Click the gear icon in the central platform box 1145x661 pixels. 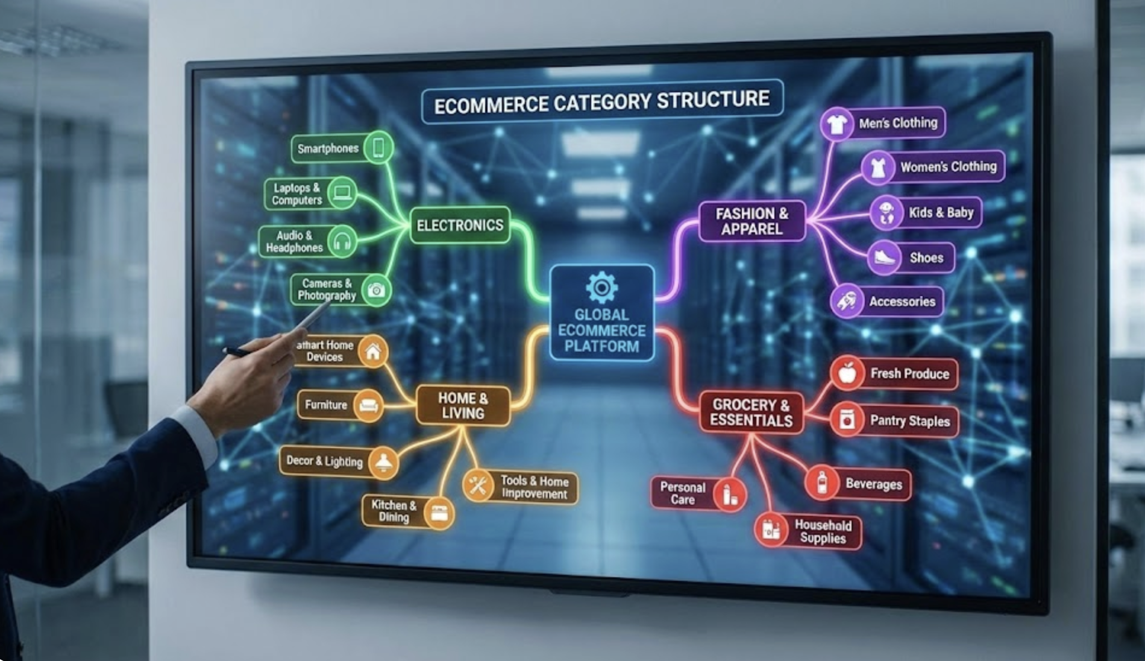(601, 287)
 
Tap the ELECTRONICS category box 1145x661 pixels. (460, 225)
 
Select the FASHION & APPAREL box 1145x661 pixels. (751, 221)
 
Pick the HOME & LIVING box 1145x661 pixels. (462, 405)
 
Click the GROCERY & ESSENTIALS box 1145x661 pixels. (751, 413)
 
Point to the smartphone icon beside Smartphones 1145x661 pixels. (378, 148)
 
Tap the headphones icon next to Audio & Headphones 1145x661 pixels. (342, 241)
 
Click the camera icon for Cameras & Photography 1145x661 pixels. (377, 290)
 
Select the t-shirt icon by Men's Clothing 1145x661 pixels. (836, 124)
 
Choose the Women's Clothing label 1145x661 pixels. (948, 166)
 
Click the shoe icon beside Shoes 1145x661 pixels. (884, 258)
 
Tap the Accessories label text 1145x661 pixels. (902, 302)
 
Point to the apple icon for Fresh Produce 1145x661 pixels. (847, 373)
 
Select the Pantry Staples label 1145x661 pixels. (909, 420)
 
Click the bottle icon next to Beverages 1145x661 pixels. (822, 482)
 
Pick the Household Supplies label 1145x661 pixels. (823, 531)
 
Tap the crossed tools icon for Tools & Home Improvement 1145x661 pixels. (478, 485)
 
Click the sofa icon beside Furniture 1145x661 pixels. (368, 405)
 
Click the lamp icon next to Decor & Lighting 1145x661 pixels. (383, 463)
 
